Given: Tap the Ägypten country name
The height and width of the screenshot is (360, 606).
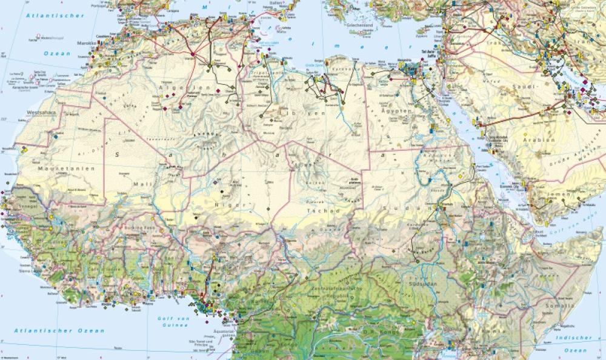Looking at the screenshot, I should tap(398, 112).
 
